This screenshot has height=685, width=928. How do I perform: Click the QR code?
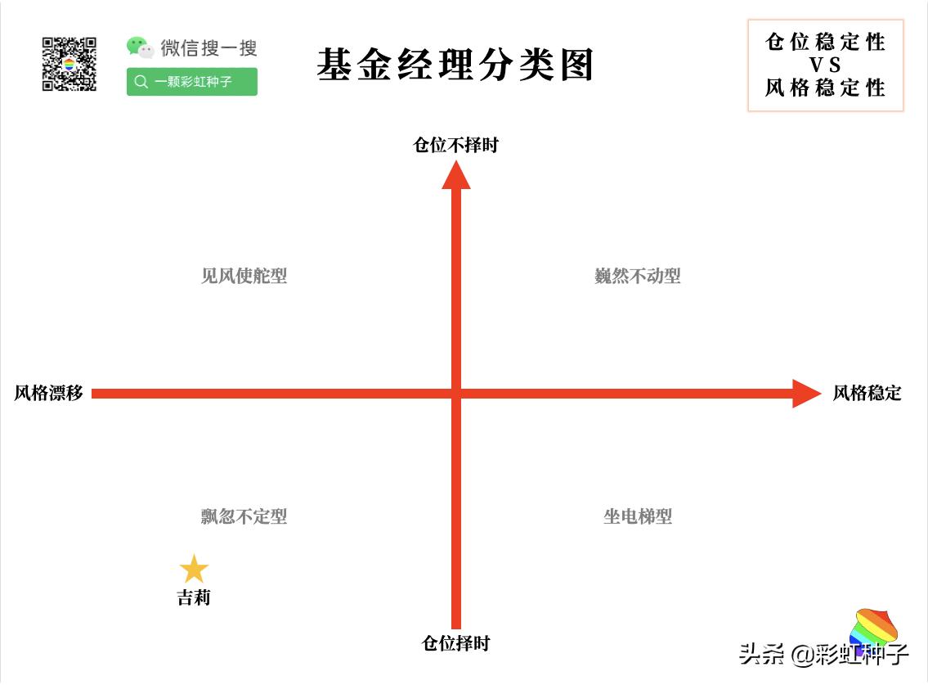(69, 64)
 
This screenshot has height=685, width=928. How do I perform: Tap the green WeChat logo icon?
(140, 47)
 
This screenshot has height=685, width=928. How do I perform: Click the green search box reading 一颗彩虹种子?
(192, 82)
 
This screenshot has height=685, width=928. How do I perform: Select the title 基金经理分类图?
(455, 65)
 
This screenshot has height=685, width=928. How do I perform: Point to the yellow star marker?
(194, 570)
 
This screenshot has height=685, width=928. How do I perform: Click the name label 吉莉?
(194, 598)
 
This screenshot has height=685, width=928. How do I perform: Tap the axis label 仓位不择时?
(455, 146)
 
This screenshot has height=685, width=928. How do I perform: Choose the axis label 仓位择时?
(455, 643)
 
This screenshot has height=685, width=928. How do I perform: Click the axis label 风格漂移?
(49, 393)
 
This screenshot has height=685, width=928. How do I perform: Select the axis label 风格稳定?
(867, 393)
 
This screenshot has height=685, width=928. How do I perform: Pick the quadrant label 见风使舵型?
(244, 276)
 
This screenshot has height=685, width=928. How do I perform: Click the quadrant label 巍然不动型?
(638, 276)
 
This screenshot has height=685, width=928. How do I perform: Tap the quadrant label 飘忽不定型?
(244, 516)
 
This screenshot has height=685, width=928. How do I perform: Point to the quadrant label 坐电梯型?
(638, 516)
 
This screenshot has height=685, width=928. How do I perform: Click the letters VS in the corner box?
(825, 65)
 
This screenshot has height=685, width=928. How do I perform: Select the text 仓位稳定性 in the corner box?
(825, 42)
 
